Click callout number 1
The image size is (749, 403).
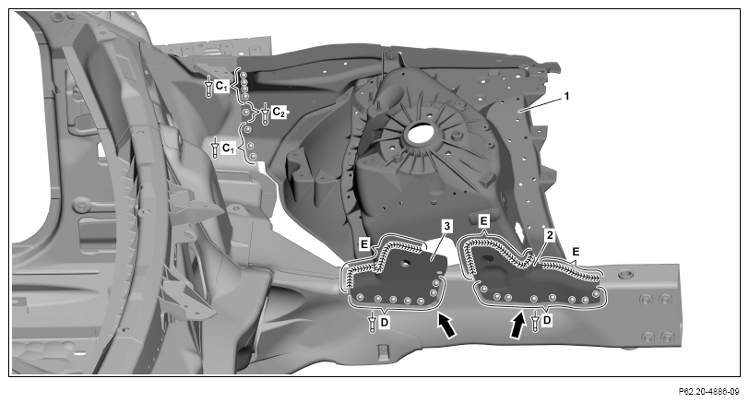point(566,96)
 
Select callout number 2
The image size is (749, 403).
point(550,235)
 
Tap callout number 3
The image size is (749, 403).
point(446,226)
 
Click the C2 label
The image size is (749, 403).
point(279,113)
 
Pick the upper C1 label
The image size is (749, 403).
point(221,86)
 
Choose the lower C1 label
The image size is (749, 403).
point(229,148)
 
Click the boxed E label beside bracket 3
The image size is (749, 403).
point(364,244)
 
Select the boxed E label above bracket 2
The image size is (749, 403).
point(484,221)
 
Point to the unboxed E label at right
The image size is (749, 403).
point(576,252)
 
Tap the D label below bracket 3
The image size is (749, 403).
point(385,323)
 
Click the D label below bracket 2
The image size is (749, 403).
point(547,320)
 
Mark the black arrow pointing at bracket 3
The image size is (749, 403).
point(446,326)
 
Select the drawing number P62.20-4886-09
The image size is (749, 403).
point(708,392)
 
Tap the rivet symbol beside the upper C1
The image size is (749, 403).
point(208,87)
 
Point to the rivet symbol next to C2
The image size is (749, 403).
point(265,113)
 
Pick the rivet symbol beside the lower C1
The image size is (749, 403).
point(215,148)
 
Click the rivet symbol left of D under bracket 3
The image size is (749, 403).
point(373,322)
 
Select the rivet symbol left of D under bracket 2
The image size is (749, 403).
point(536,320)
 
